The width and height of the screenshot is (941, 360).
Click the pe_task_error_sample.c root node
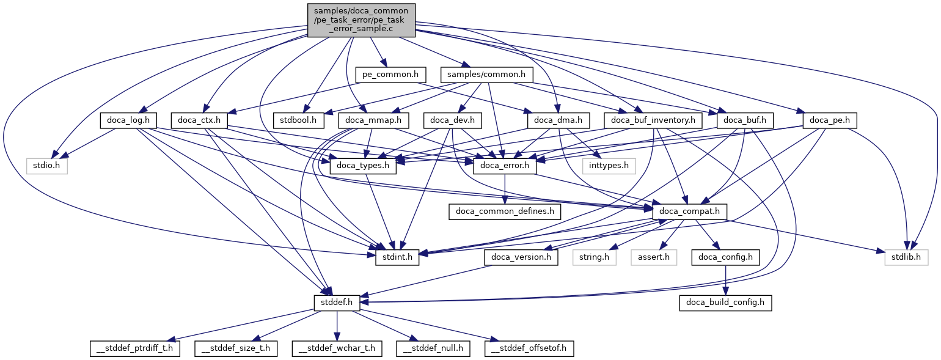click(362, 20)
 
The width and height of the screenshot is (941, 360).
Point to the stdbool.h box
click(299, 120)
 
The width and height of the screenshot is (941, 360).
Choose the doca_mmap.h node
click(373, 120)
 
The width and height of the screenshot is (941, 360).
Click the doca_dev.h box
click(453, 120)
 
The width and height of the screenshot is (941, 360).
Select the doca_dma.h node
click(558, 120)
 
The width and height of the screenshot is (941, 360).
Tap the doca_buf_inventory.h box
click(653, 120)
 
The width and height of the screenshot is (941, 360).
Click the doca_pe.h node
click(830, 120)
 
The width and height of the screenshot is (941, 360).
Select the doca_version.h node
click(522, 257)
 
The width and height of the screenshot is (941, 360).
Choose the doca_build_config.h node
click(725, 303)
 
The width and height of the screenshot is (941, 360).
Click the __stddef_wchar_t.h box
click(337, 348)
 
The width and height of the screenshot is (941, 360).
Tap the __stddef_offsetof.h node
click(530, 348)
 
